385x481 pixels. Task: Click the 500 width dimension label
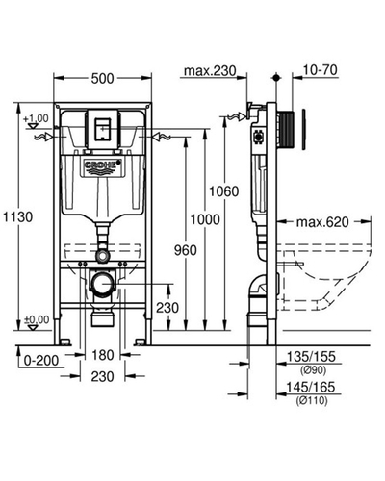click(x=102, y=78)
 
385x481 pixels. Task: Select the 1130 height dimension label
click(x=18, y=217)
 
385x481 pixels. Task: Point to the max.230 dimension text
click(x=210, y=71)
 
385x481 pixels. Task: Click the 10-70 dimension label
click(x=321, y=70)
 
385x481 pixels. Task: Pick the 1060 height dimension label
click(x=224, y=191)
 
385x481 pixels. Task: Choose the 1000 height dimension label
click(x=205, y=220)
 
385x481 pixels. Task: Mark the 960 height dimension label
click(x=185, y=250)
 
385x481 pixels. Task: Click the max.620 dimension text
click(x=322, y=222)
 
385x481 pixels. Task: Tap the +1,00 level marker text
click(x=36, y=118)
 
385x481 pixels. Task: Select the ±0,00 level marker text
click(x=38, y=319)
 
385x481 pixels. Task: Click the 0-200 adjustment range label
click(x=41, y=361)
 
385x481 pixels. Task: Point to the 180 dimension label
click(x=103, y=355)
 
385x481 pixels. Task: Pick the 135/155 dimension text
click(x=311, y=357)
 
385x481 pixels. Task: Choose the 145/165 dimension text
click(x=311, y=387)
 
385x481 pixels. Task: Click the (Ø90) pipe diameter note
click(x=313, y=370)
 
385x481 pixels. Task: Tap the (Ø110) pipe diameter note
click(x=312, y=400)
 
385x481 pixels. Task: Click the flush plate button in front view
click(x=102, y=129)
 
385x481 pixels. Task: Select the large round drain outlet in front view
click(x=103, y=284)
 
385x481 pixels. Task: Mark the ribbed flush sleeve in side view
click(x=285, y=130)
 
